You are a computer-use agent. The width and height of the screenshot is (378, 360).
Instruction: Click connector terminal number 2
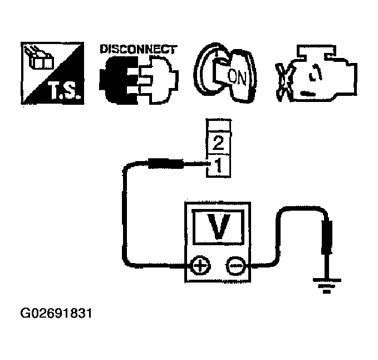218,144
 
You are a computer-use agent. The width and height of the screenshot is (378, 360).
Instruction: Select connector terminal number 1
218,165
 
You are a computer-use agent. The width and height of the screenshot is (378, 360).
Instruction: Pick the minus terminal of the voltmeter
234,266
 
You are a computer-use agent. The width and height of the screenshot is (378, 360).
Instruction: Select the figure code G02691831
56,313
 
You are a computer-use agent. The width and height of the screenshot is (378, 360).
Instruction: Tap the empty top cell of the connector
218,126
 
